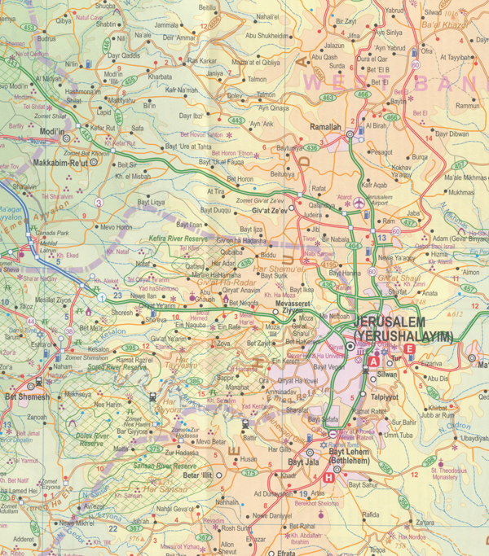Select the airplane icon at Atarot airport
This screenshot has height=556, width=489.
(x=359, y=203)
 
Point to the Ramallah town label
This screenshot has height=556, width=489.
(x=326, y=127)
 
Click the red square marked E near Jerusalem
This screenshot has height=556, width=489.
(x=411, y=348)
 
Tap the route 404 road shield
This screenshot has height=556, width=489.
(x=353, y=244)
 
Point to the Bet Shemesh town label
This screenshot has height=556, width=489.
(x=27, y=396)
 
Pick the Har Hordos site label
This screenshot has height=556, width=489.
(x=414, y=536)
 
